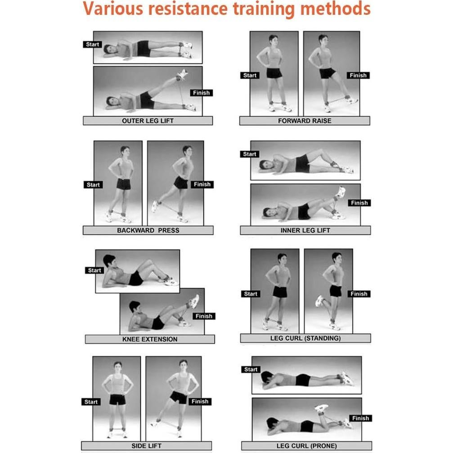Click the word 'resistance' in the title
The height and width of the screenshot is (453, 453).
[188, 9]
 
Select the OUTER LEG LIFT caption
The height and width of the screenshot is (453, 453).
[148, 121]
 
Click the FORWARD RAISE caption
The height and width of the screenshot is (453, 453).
[305, 121]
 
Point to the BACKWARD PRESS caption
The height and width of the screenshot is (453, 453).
[148, 230]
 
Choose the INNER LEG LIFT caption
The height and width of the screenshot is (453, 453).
[305, 230]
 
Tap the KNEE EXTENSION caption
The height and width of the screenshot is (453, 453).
[150, 339]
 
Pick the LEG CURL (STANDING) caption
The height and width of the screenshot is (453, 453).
[305, 338]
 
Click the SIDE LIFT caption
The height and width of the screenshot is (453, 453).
[146, 446]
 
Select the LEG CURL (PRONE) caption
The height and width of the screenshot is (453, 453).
[306, 446]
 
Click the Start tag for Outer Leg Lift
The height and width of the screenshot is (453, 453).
[93, 44]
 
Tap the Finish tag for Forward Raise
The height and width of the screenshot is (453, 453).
[358, 76]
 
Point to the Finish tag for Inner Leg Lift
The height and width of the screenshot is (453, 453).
[359, 203]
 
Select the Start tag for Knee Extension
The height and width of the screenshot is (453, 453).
[94, 270]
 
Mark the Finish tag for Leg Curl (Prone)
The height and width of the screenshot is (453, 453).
[360, 418]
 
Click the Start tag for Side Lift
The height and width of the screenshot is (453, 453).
[91, 402]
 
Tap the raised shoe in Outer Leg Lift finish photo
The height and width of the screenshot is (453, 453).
[182, 75]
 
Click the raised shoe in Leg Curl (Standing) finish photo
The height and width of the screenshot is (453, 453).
[319, 301]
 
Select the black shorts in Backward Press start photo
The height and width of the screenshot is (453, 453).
[124, 184]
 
